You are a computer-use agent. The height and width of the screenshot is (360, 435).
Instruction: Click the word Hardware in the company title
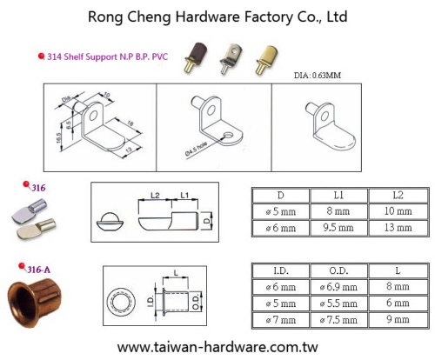point(207,17)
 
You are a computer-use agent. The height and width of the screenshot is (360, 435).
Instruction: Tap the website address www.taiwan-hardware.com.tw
point(217,347)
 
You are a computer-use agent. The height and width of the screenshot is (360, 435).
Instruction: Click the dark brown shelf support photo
point(196,57)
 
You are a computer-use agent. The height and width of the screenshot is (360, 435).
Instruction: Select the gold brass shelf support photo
point(266,59)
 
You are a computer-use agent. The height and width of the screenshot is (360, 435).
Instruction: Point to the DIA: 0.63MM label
point(318,76)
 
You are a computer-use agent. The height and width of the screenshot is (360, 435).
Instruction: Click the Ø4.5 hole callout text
point(196,150)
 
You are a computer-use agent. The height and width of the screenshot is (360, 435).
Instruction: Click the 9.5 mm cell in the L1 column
point(338,228)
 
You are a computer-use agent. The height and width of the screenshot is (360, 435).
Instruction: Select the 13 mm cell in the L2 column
point(398,228)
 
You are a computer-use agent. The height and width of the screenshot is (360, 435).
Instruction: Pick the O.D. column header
point(338,270)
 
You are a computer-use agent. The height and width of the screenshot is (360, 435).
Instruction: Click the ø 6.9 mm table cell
point(338,287)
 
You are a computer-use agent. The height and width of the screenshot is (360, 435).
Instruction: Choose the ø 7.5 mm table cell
point(338,320)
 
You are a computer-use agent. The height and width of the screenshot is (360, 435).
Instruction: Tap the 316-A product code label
point(38,270)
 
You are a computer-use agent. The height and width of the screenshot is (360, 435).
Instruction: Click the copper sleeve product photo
point(34,303)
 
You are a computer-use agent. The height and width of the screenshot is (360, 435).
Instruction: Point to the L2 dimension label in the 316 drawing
point(155,196)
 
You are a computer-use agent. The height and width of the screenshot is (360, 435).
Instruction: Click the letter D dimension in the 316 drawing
point(206,221)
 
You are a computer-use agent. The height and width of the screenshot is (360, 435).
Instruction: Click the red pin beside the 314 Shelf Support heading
point(42,56)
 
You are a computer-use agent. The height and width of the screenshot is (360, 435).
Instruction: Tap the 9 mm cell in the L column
point(398,319)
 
